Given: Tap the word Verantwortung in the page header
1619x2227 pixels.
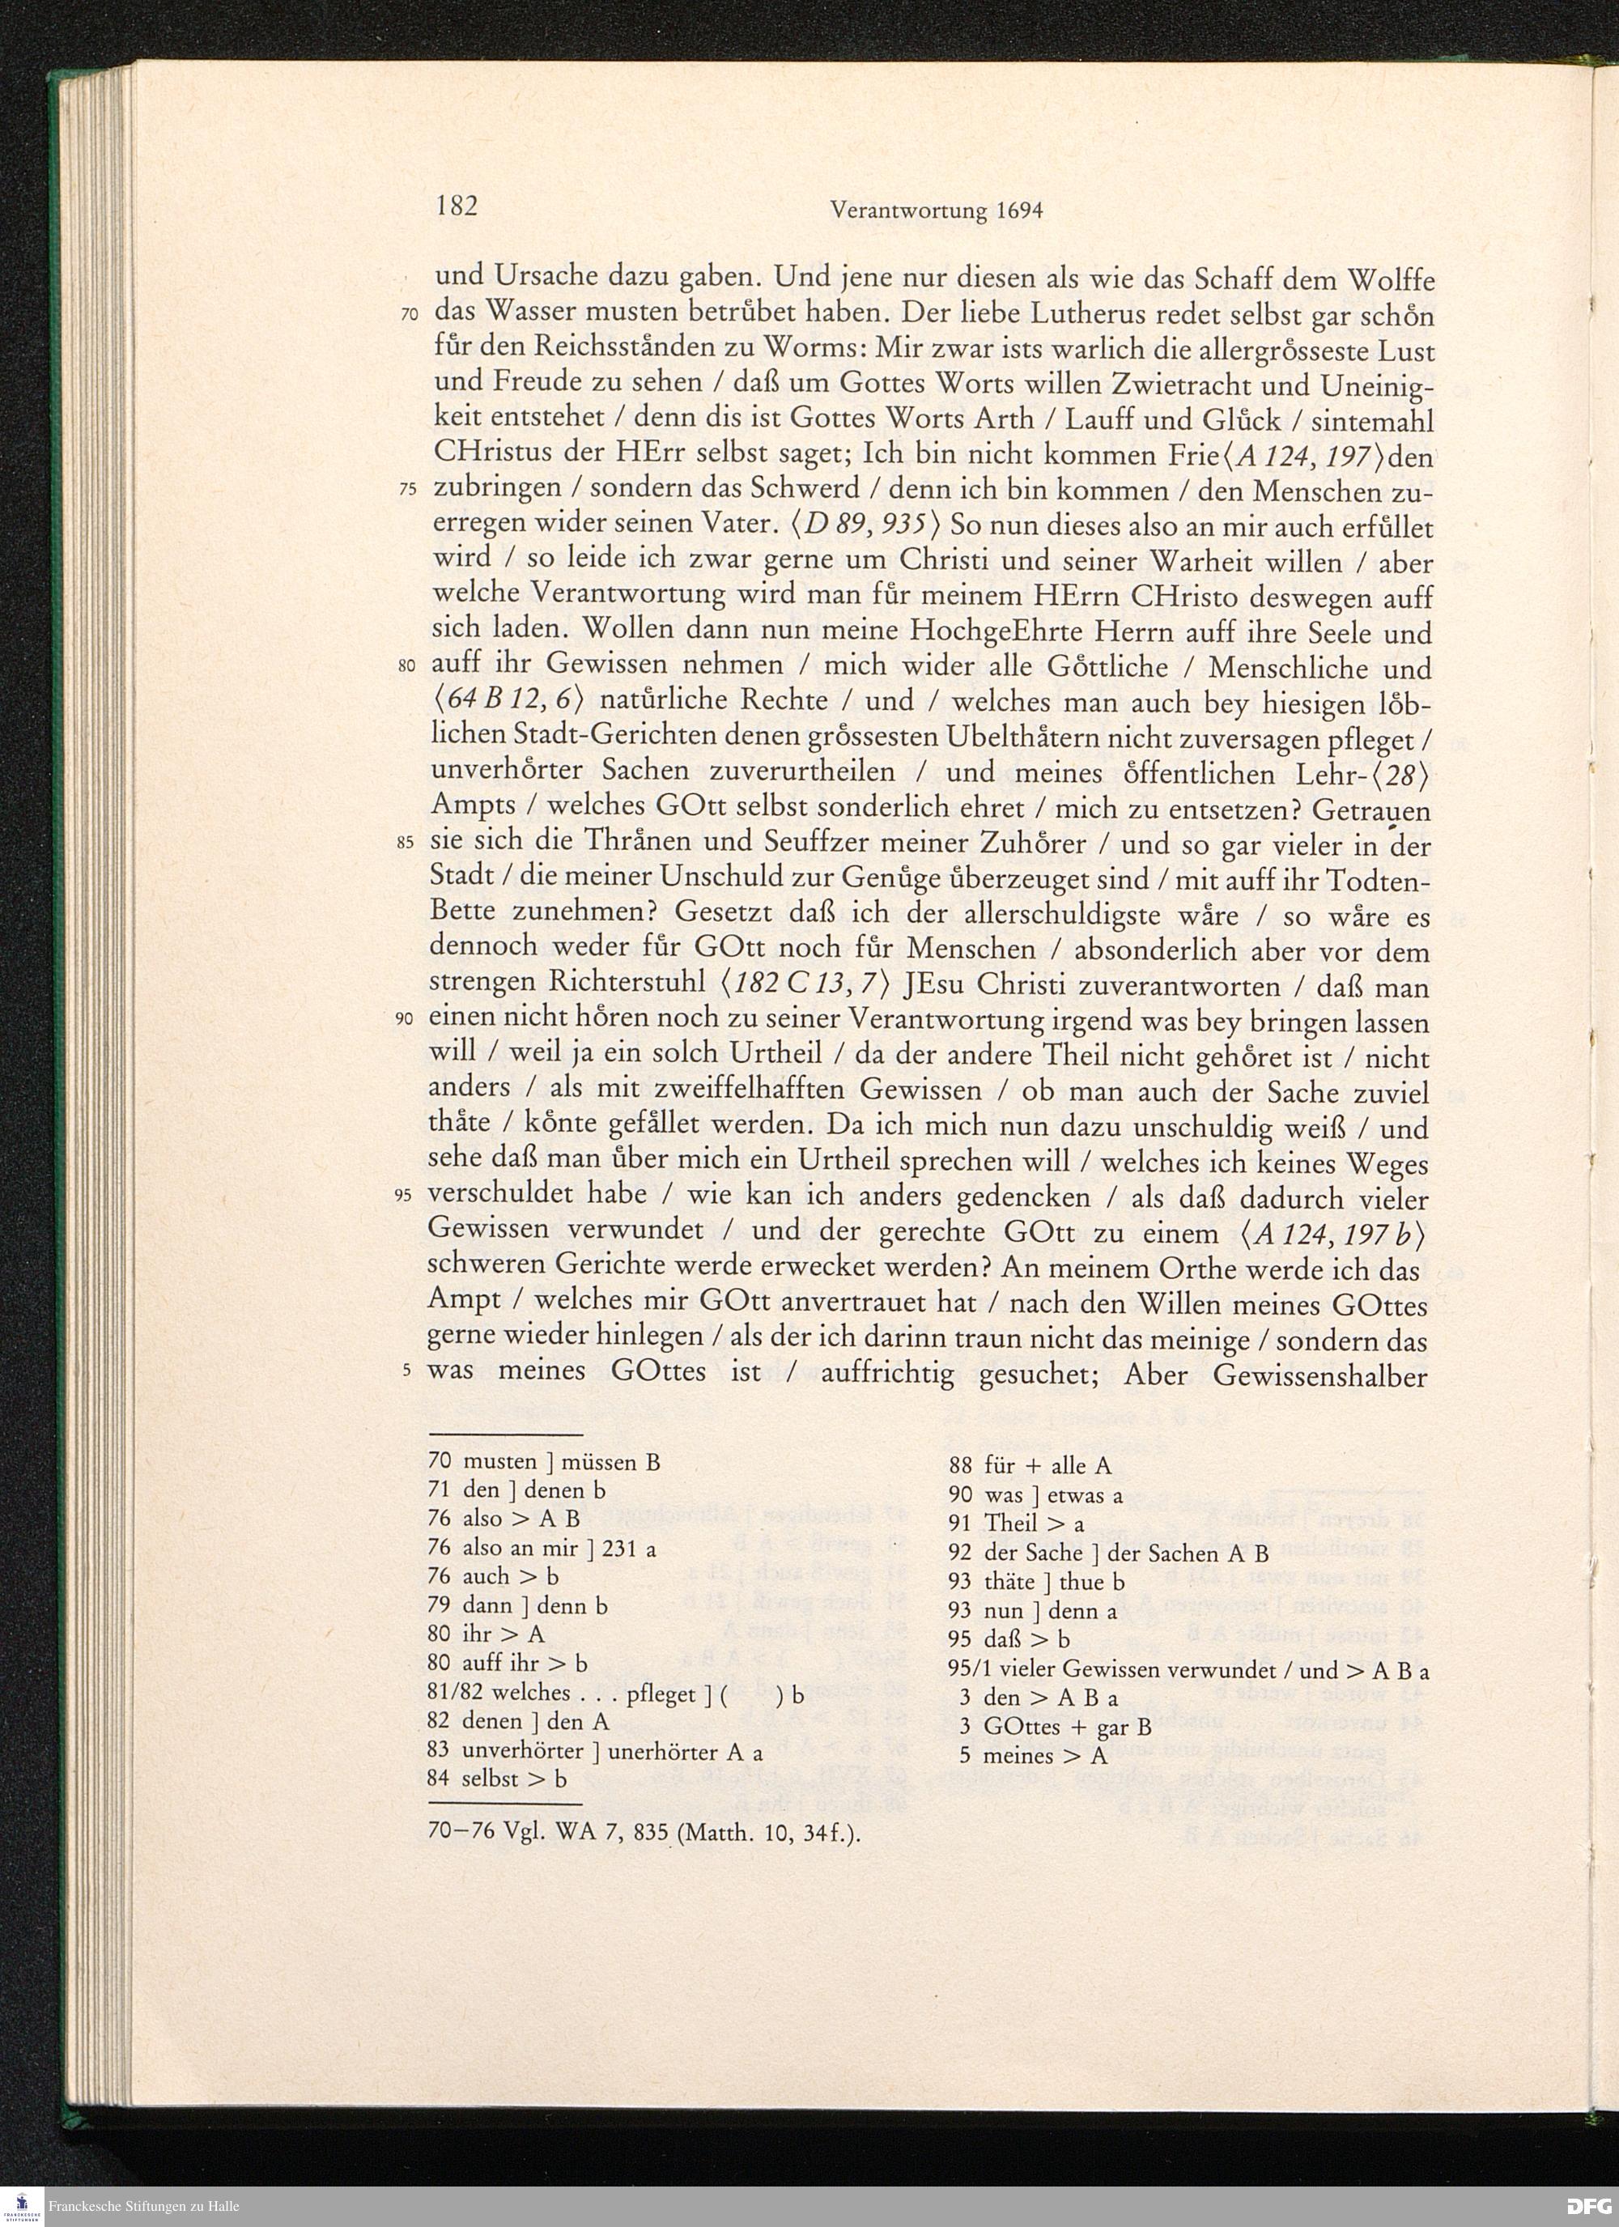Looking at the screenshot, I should [907, 210].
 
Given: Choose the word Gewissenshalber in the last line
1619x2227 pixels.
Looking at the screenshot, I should [1319, 1374].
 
